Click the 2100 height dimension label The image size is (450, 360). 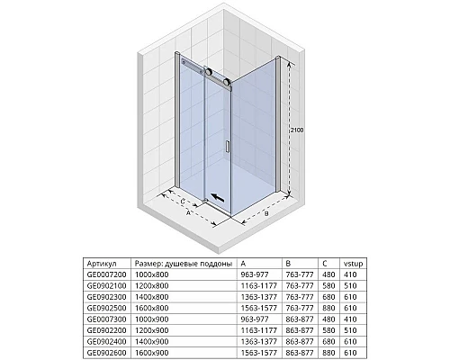296,131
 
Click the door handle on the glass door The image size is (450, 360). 229,148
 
